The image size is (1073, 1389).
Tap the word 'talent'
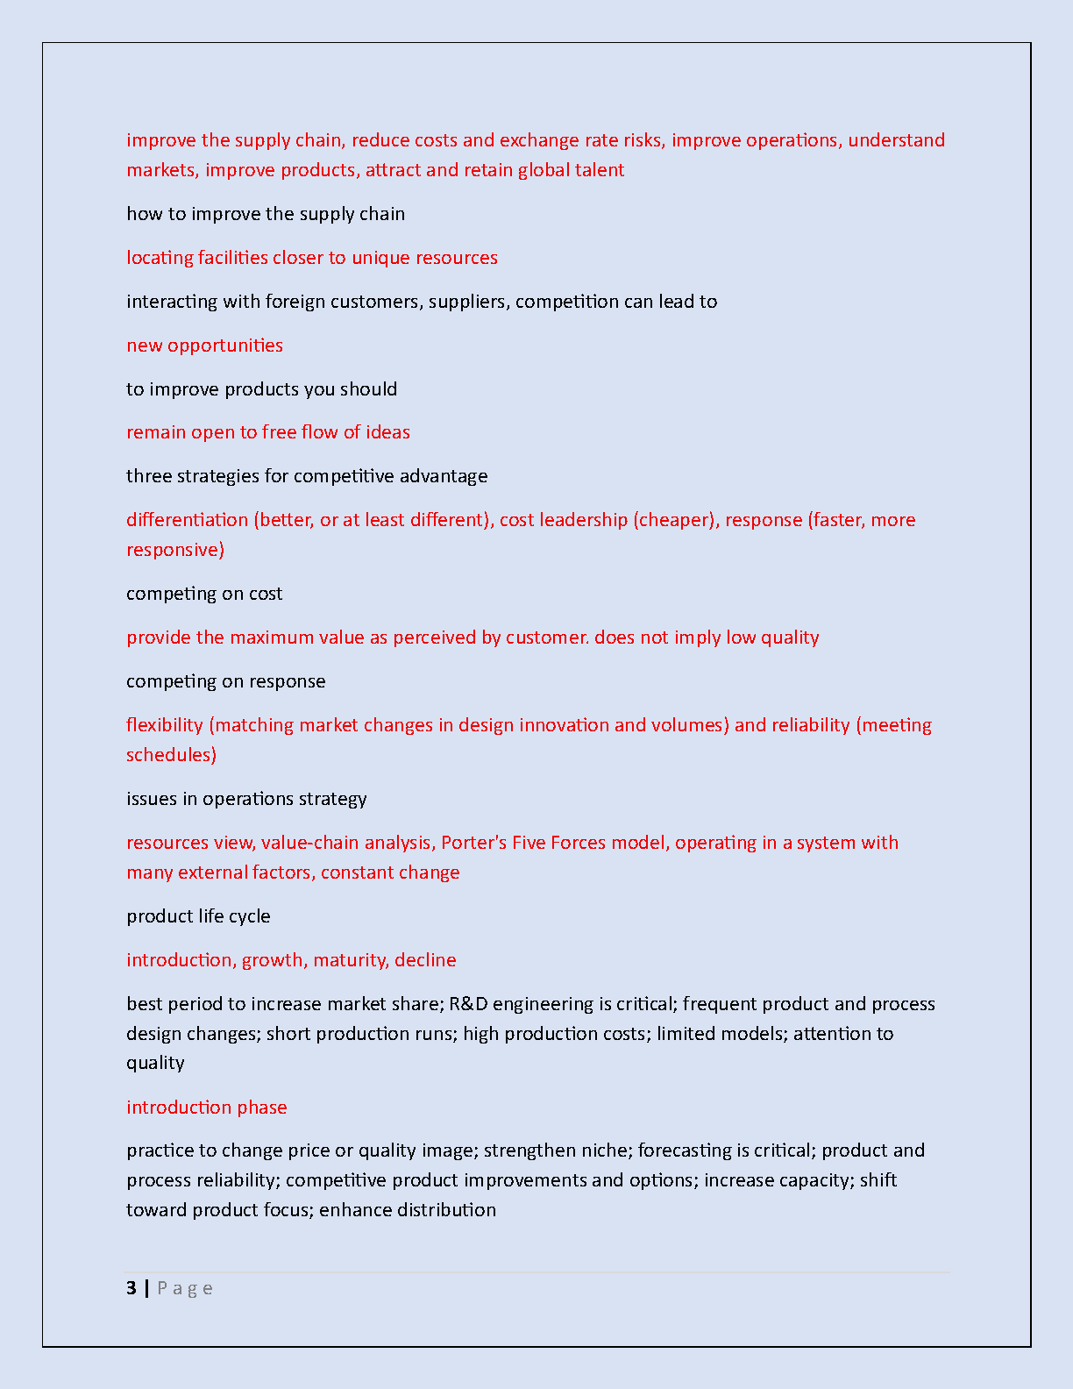click(600, 170)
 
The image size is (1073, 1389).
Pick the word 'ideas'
click(388, 432)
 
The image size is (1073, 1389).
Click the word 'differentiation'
click(187, 520)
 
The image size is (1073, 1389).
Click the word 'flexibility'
click(164, 725)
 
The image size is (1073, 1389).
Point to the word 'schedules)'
click(171, 755)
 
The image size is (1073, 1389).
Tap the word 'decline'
click(425, 960)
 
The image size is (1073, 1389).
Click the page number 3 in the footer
click(131, 1288)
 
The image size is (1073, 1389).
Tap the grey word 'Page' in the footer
click(184, 1289)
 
